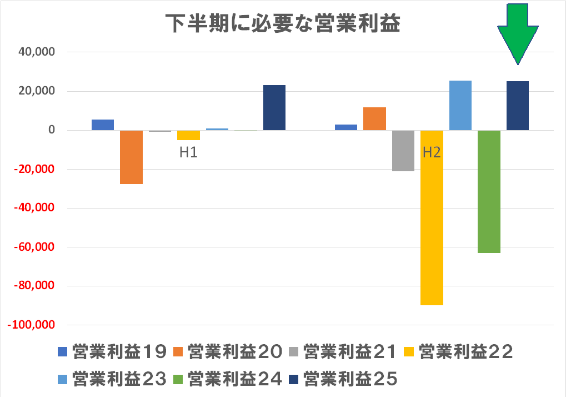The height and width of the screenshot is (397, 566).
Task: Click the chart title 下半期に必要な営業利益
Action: pyautogui.click(x=283, y=24)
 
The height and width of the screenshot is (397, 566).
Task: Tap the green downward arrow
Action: pyautogui.click(x=518, y=33)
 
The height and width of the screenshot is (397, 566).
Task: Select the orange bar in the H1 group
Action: pyautogui.click(x=132, y=157)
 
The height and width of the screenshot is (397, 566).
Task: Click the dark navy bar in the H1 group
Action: pyautogui.click(x=274, y=108)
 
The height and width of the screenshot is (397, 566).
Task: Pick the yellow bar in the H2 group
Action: pyautogui.click(x=432, y=217)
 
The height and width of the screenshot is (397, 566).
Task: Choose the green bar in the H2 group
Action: pyautogui.click(x=489, y=191)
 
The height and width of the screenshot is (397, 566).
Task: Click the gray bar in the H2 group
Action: pyautogui.click(x=403, y=151)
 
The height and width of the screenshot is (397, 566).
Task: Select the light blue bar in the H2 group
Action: pyautogui.click(x=460, y=106)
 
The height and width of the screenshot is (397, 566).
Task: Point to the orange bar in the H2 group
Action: pyautogui.click(x=374, y=118)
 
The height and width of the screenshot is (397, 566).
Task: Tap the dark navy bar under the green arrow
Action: pyautogui.click(x=518, y=106)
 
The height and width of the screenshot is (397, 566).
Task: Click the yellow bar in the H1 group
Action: pyautogui.click(x=188, y=135)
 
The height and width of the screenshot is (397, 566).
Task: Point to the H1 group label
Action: pyautogui.click(x=188, y=152)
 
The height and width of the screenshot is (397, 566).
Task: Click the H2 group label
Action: pyautogui.click(x=432, y=152)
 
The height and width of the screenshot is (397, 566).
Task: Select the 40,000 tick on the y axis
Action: pyautogui.click(x=36, y=52)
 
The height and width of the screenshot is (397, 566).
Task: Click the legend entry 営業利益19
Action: pyautogui.click(x=113, y=351)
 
